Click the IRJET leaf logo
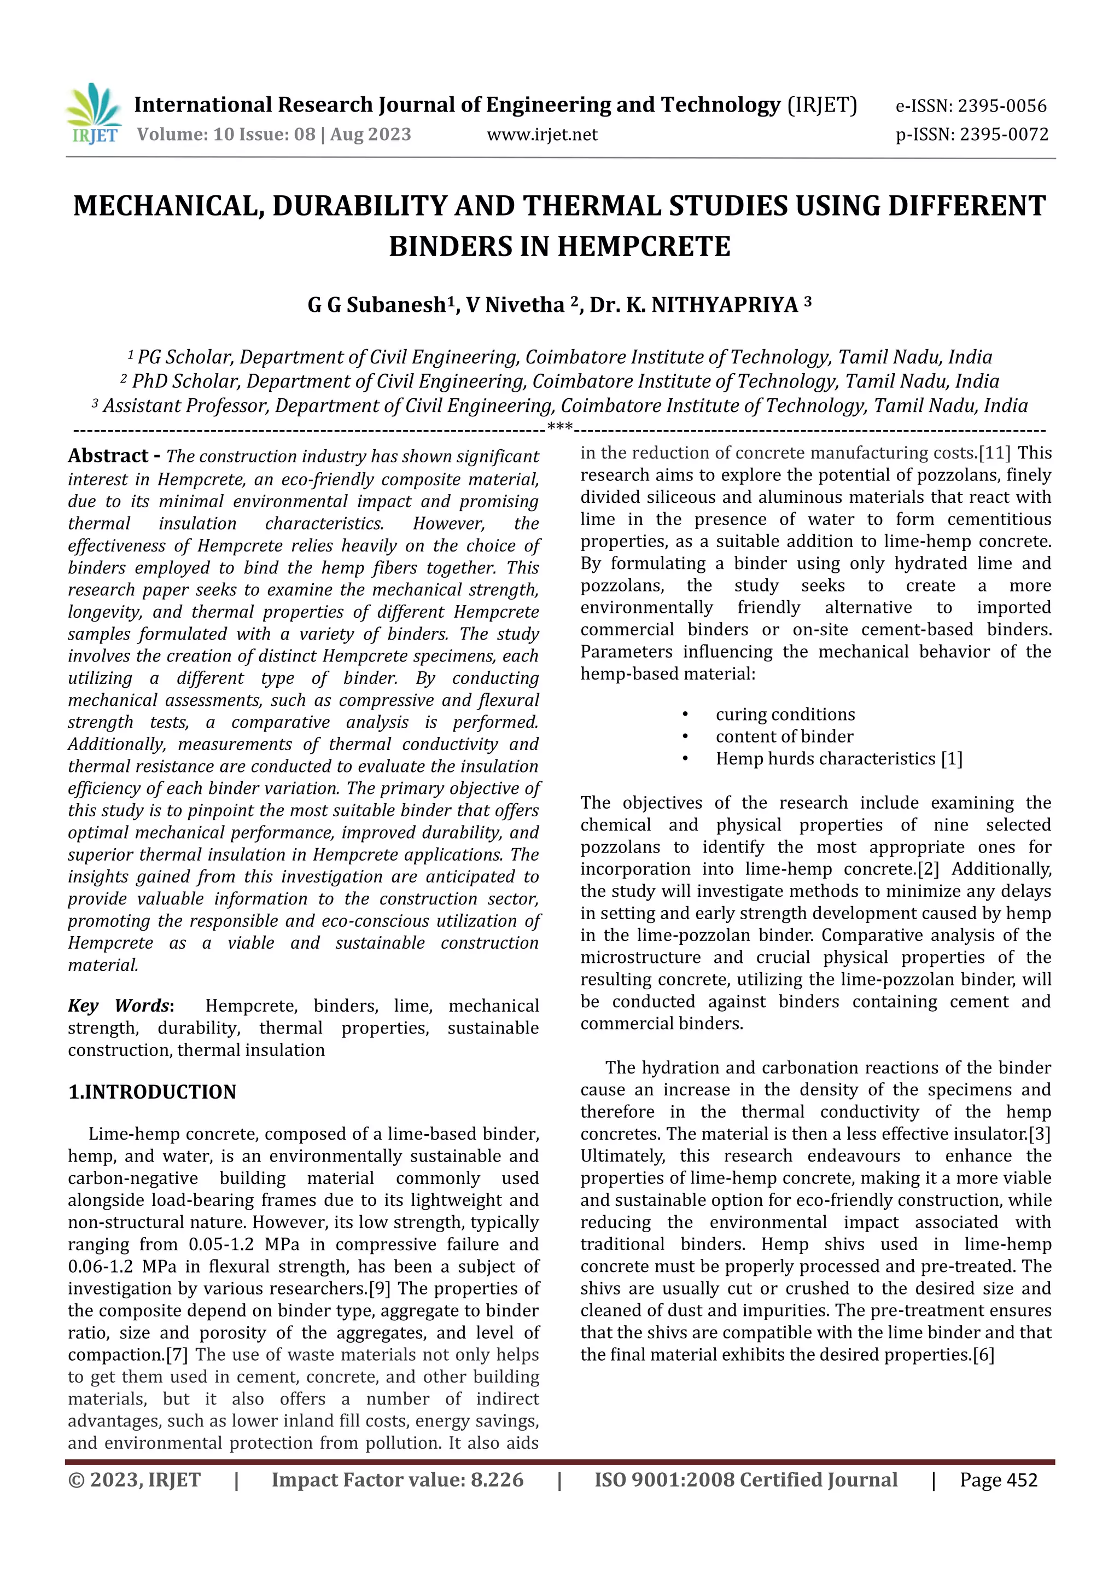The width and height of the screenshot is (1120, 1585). (x=94, y=113)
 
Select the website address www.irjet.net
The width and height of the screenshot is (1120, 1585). (x=542, y=135)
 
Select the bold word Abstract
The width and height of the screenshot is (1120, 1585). (x=108, y=456)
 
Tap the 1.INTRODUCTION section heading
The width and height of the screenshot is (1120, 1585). (x=152, y=1091)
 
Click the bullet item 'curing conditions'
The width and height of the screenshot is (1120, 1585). (x=785, y=714)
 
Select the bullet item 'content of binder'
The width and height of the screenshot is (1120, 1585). (x=784, y=736)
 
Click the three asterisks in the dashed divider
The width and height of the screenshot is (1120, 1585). (x=559, y=428)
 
